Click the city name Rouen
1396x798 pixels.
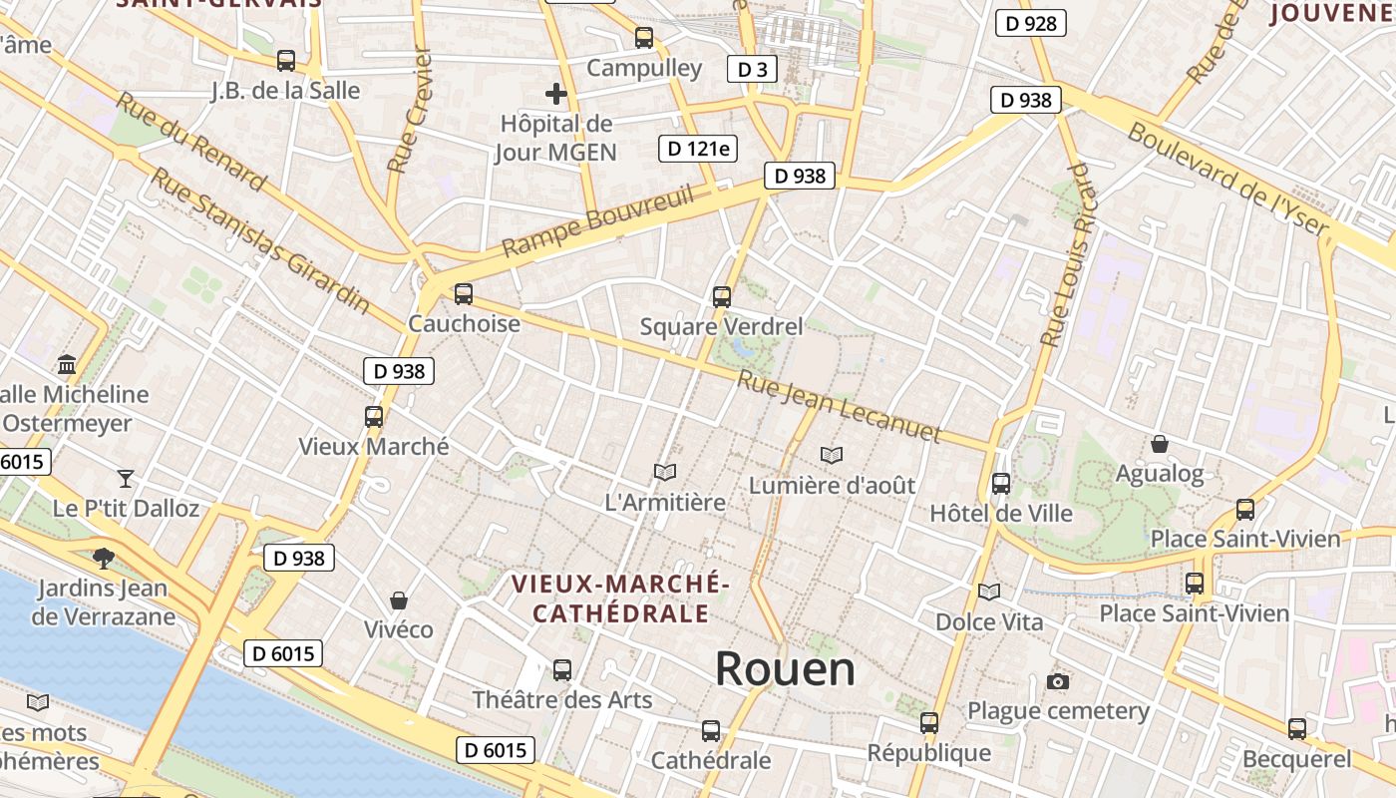(x=785, y=668)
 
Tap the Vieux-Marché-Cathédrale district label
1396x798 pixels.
(x=620, y=598)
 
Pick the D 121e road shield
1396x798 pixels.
(x=697, y=150)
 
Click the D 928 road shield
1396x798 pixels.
(x=1031, y=23)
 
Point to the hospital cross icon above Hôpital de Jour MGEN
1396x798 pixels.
(x=556, y=94)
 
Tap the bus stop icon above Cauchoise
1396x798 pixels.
(x=464, y=294)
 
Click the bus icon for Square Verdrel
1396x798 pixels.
(x=722, y=296)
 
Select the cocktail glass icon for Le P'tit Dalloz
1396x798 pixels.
(x=126, y=478)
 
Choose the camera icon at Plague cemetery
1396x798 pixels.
(x=1058, y=681)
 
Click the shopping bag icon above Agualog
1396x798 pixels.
(x=1160, y=443)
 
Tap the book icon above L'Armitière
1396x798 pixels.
(x=665, y=472)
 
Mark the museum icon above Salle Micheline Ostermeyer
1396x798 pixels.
(x=67, y=364)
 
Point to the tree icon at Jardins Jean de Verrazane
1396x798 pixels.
(x=103, y=558)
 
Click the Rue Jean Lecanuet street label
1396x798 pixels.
(x=839, y=407)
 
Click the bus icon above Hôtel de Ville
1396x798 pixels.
(x=1001, y=484)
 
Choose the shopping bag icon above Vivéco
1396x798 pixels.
(x=399, y=599)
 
